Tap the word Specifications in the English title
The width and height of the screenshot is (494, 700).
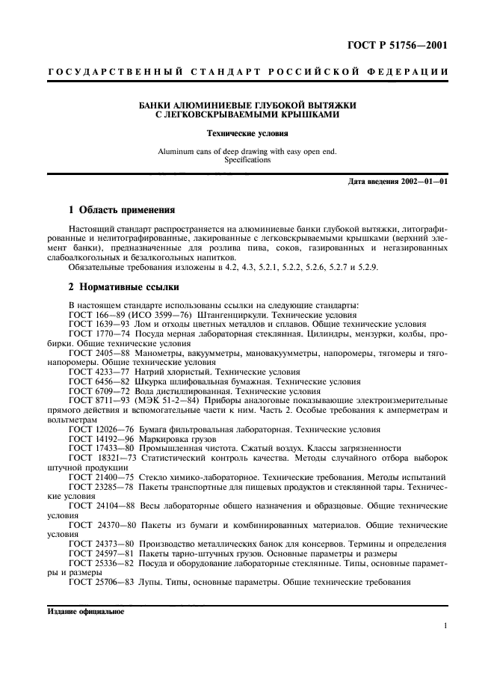(x=247, y=159)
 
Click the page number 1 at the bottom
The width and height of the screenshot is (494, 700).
(x=445, y=626)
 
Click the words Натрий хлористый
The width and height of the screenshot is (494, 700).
(x=171, y=372)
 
